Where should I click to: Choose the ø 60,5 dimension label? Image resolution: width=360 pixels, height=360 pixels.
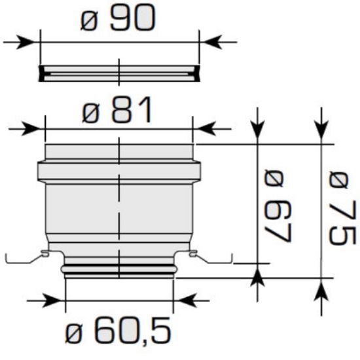coord(118,333)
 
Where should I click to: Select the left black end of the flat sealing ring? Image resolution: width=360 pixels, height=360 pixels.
coord(42,73)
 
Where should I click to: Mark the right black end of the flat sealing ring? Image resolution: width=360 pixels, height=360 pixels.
coord(196,73)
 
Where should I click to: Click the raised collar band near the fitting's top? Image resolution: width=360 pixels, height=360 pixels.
coord(118,172)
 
